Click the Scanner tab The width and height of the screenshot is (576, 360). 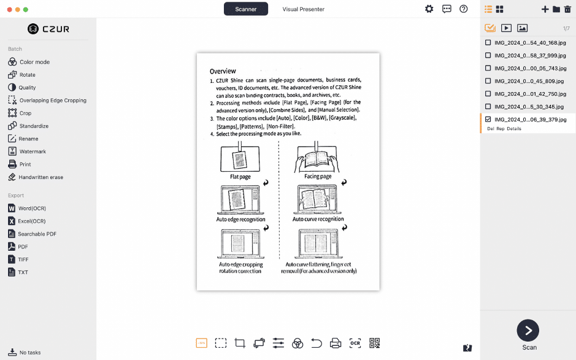[245, 9]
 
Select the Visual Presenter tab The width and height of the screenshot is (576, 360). [303, 9]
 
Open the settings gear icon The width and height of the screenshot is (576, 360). [429, 9]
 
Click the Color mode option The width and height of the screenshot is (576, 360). [34, 62]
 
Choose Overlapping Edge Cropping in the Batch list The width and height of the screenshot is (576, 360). [53, 101]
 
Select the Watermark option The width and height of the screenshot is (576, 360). [33, 151]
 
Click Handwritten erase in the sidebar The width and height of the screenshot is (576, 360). [40, 177]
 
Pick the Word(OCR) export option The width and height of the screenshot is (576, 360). [32, 209]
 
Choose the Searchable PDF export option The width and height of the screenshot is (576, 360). [37, 234]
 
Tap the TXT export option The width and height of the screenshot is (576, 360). [23, 272]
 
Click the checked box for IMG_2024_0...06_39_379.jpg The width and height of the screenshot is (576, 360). [488, 120]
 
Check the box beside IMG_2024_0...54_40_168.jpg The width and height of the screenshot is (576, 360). [488, 43]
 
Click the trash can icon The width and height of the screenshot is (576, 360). [567, 9]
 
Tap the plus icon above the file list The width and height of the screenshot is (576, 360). [545, 9]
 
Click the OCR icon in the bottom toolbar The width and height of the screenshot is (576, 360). [355, 343]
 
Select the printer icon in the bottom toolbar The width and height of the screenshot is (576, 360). [336, 343]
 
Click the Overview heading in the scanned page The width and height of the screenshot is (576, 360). [223, 71]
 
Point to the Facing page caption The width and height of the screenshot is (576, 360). [318, 177]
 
